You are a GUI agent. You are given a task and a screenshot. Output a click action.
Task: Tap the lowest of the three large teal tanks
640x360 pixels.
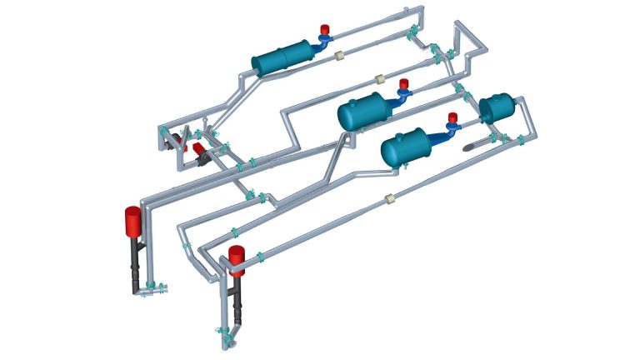click(x=409, y=147)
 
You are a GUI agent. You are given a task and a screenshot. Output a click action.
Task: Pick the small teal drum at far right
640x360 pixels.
click(x=498, y=109)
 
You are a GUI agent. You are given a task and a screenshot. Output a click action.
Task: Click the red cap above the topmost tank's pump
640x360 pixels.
click(x=325, y=30)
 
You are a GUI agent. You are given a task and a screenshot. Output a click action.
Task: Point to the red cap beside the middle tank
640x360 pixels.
click(x=404, y=83)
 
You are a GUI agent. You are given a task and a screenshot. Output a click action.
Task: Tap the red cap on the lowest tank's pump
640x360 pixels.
click(x=452, y=117)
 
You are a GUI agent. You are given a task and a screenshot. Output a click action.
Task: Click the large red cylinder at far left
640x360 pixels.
click(x=133, y=221)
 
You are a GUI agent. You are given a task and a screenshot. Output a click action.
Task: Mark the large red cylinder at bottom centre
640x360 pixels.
click(x=237, y=259)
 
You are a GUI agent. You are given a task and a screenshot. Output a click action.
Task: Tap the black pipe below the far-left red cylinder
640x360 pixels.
click(x=136, y=267)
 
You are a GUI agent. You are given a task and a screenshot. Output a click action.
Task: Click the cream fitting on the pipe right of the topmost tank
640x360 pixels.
click(x=339, y=56)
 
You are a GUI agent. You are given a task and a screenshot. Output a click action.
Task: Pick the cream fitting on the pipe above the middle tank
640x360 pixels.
click(x=379, y=79)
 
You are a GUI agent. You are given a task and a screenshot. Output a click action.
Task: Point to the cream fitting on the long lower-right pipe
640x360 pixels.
click(x=389, y=198)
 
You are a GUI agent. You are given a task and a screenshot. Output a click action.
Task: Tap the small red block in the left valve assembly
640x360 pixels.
click(x=198, y=148)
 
